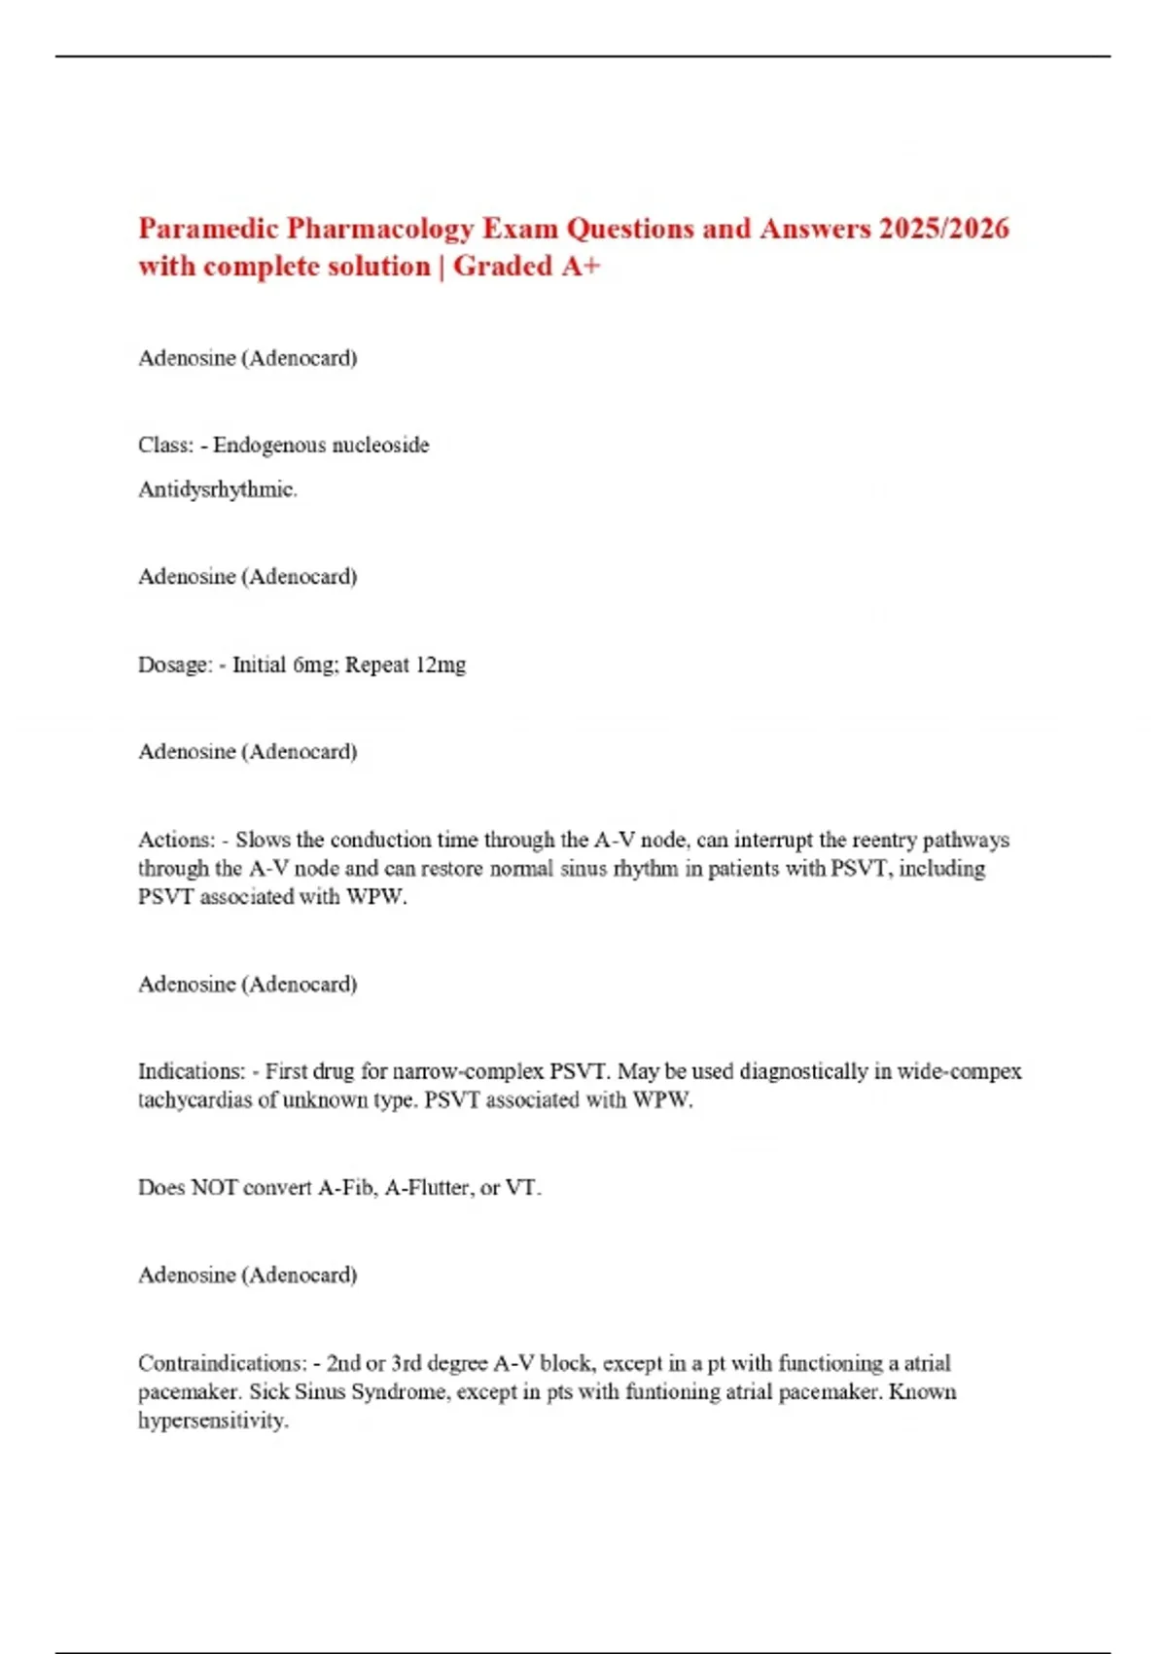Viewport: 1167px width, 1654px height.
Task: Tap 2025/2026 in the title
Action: [943, 229]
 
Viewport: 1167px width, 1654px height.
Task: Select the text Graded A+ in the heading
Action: [526, 267]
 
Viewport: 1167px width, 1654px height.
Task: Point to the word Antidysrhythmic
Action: [217, 489]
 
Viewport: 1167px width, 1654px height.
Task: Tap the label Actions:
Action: [176, 841]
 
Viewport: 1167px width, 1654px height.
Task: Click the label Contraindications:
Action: [222, 1364]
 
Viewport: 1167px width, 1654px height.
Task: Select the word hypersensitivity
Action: [213, 1421]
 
